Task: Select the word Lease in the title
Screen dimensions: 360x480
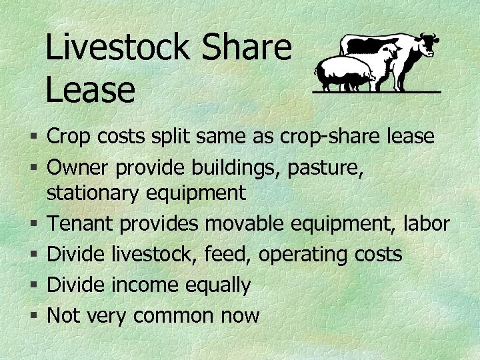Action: tap(90, 89)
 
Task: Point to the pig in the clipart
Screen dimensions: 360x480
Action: tap(343, 72)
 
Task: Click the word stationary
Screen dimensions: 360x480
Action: tap(91, 193)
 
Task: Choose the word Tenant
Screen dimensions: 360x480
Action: tap(81, 223)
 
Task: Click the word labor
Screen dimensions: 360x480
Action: tap(427, 223)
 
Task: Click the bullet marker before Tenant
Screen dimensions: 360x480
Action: tap(34, 225)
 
